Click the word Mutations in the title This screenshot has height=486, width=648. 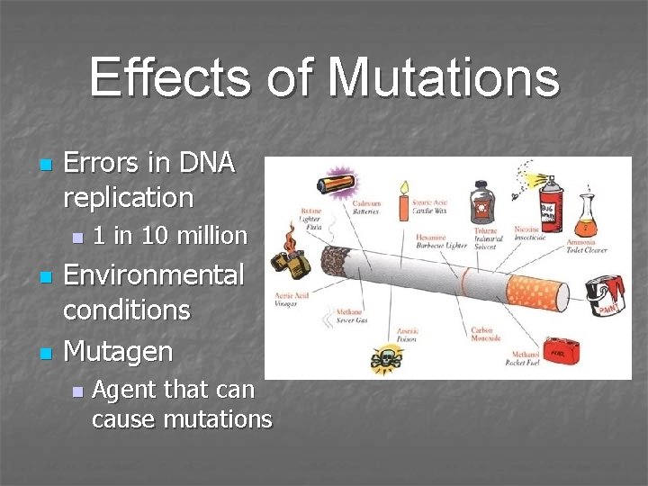click(x=443, y=77)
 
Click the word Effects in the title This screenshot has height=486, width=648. click(x=170, y=77)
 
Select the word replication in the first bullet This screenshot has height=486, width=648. click(x=128, y=197)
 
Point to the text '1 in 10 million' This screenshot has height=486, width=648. click(x=169, y=236)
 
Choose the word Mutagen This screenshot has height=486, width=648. click(x=117, y=351)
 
